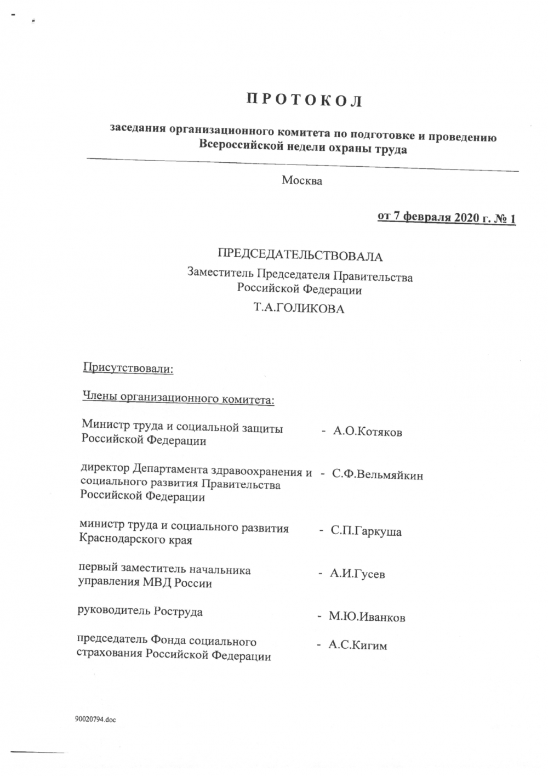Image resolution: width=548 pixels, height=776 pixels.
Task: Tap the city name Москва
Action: click(302, 180)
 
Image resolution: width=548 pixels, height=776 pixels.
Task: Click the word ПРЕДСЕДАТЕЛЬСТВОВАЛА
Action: click(300, 256)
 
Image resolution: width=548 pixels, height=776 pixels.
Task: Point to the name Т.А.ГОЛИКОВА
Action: click(299, 309)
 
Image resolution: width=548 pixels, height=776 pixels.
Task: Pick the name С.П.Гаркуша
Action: click(366, 531)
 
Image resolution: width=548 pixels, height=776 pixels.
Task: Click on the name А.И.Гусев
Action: click(357, 574)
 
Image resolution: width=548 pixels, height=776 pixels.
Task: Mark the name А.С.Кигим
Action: click(357, 645)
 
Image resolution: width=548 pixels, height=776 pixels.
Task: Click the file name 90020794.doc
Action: click(95, 719)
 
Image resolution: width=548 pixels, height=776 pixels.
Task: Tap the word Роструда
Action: click(178, 611)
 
